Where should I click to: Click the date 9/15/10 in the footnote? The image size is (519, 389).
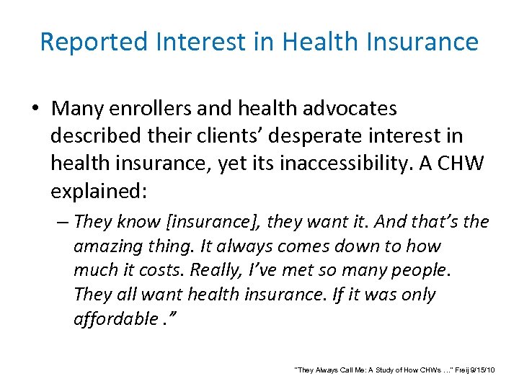[482, 370]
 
